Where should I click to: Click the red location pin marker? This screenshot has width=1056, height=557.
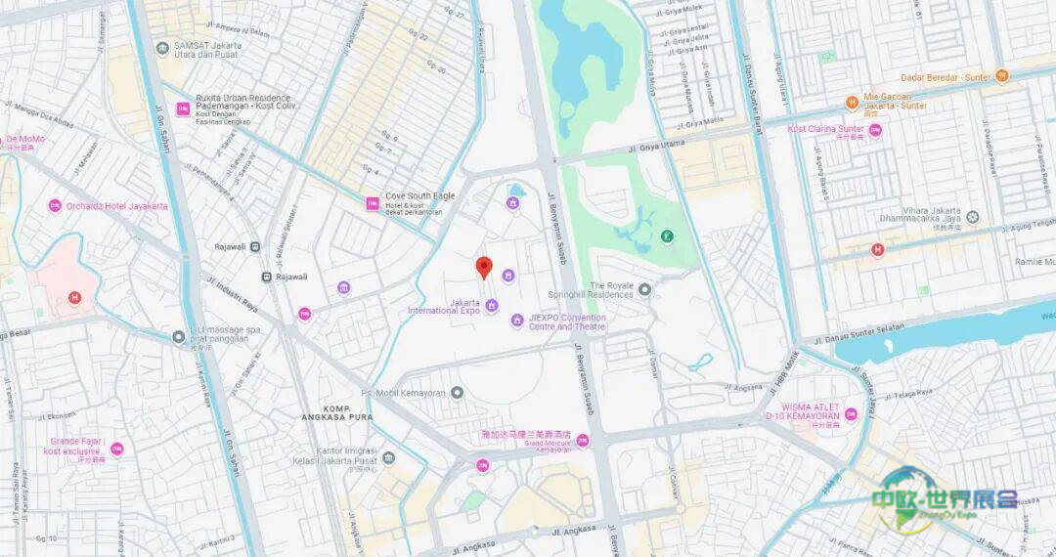pos(483,267)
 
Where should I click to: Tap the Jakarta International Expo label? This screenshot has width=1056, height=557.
pos(444,307)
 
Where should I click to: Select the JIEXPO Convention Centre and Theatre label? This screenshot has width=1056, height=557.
pos(567,322)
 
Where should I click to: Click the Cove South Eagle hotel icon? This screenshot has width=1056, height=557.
pos(372,203)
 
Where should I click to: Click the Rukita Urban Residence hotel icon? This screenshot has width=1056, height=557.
pos(182,108)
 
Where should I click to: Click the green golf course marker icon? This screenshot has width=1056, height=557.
pos(666,236)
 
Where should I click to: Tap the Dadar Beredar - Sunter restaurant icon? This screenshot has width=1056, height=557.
pos(1001,75)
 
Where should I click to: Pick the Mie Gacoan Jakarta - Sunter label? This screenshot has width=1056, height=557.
pos(894,102)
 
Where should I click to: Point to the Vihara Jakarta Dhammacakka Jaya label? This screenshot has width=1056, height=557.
pos(919,217)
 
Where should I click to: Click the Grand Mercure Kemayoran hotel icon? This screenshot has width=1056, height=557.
pos(582,441)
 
